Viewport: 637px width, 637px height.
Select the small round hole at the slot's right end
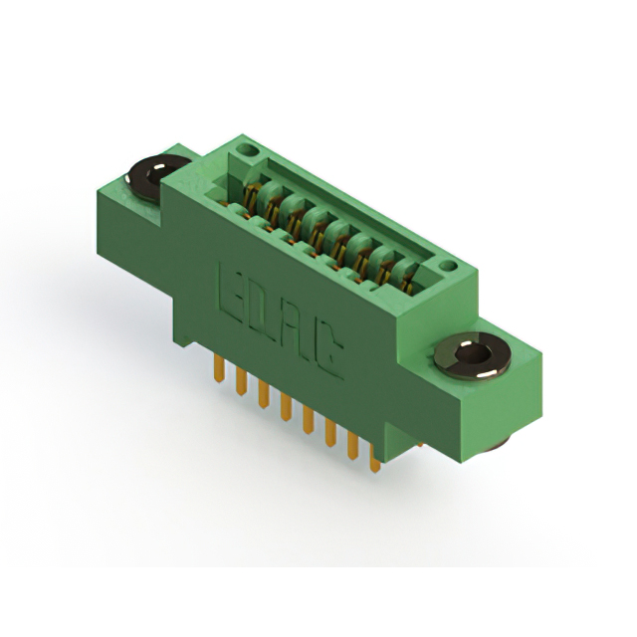(x=448, y=266)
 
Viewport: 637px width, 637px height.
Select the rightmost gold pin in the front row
(x=375, y=457)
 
